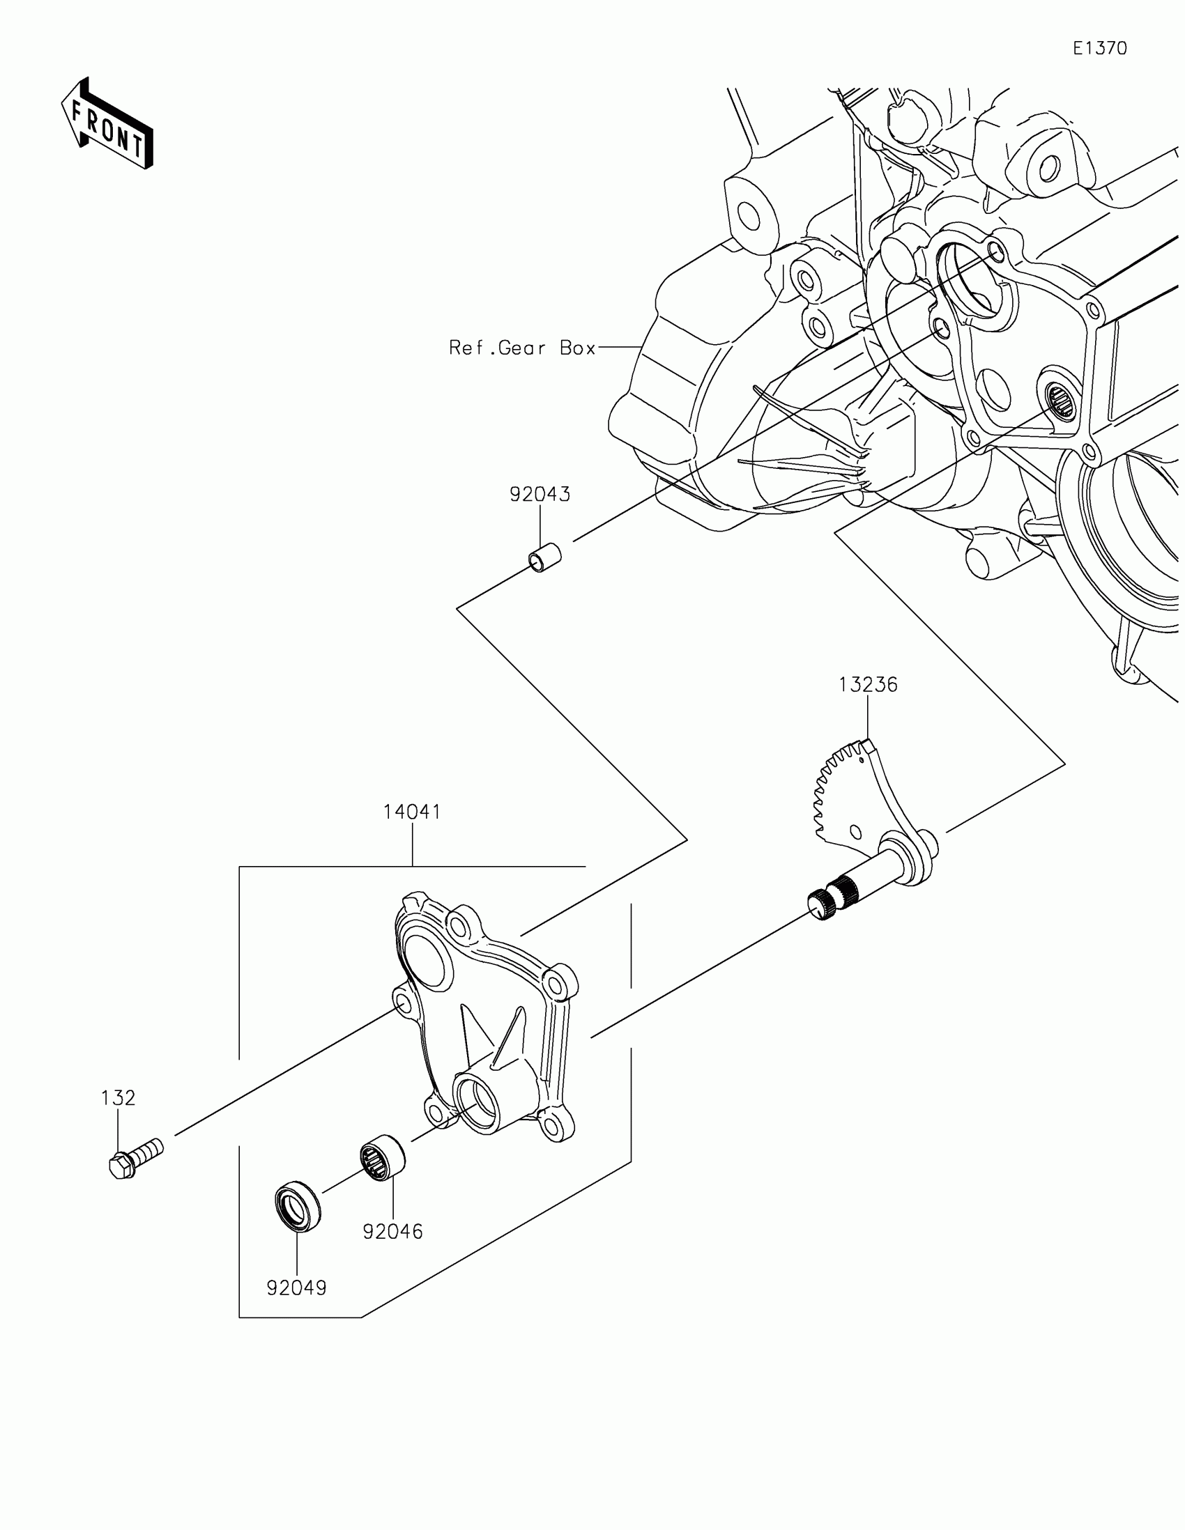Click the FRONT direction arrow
coord(107,124)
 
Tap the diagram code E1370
coord(1100,48)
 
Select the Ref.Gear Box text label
coord(522,348)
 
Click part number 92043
coord(540,495)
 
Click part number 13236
coord(869,684)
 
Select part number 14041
coord(412,812)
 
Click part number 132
coord(118,1098)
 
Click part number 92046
coord(392,1231)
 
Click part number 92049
coord(296,1288)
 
